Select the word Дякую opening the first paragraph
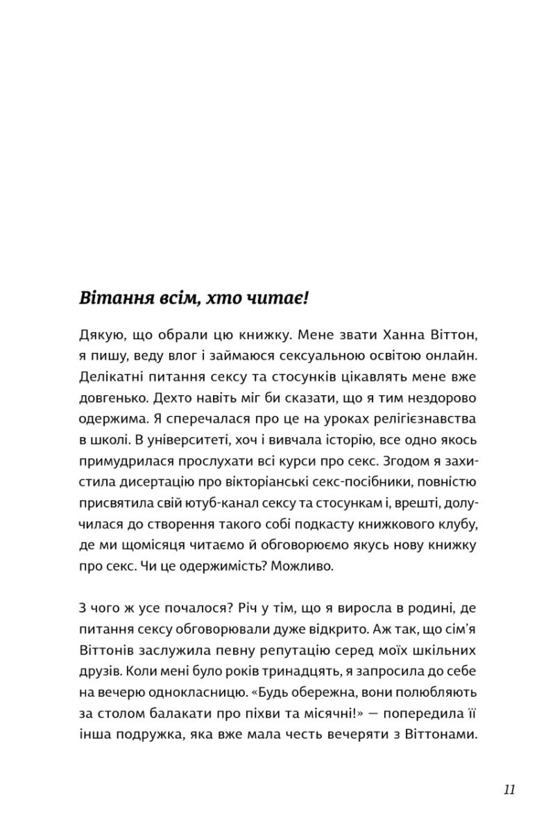(98, 337)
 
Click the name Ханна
(391, 337)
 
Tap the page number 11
(510, 790)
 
